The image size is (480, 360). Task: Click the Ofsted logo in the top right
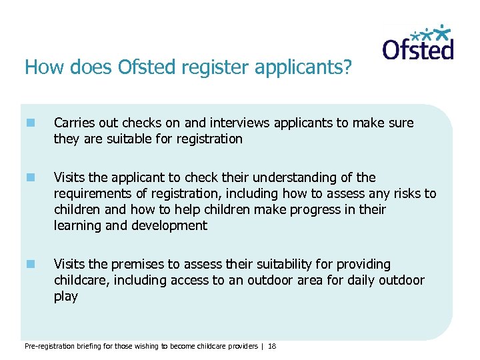(418, 43)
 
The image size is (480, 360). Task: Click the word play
(66, 297)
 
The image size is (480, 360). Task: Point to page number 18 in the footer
(272, 347)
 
